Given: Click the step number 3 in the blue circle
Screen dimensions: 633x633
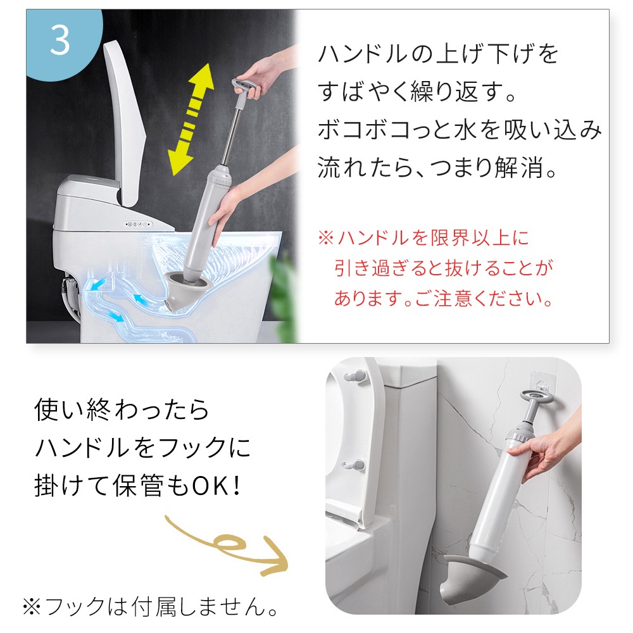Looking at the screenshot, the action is pos(60,41).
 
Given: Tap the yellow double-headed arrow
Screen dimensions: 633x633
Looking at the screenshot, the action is pos(191,119).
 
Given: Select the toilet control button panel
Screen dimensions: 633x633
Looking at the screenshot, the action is pos(139,224).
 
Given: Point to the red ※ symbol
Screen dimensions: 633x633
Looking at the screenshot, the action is pos(326,237).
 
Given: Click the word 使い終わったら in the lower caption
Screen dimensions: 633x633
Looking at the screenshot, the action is pos(121,410).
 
